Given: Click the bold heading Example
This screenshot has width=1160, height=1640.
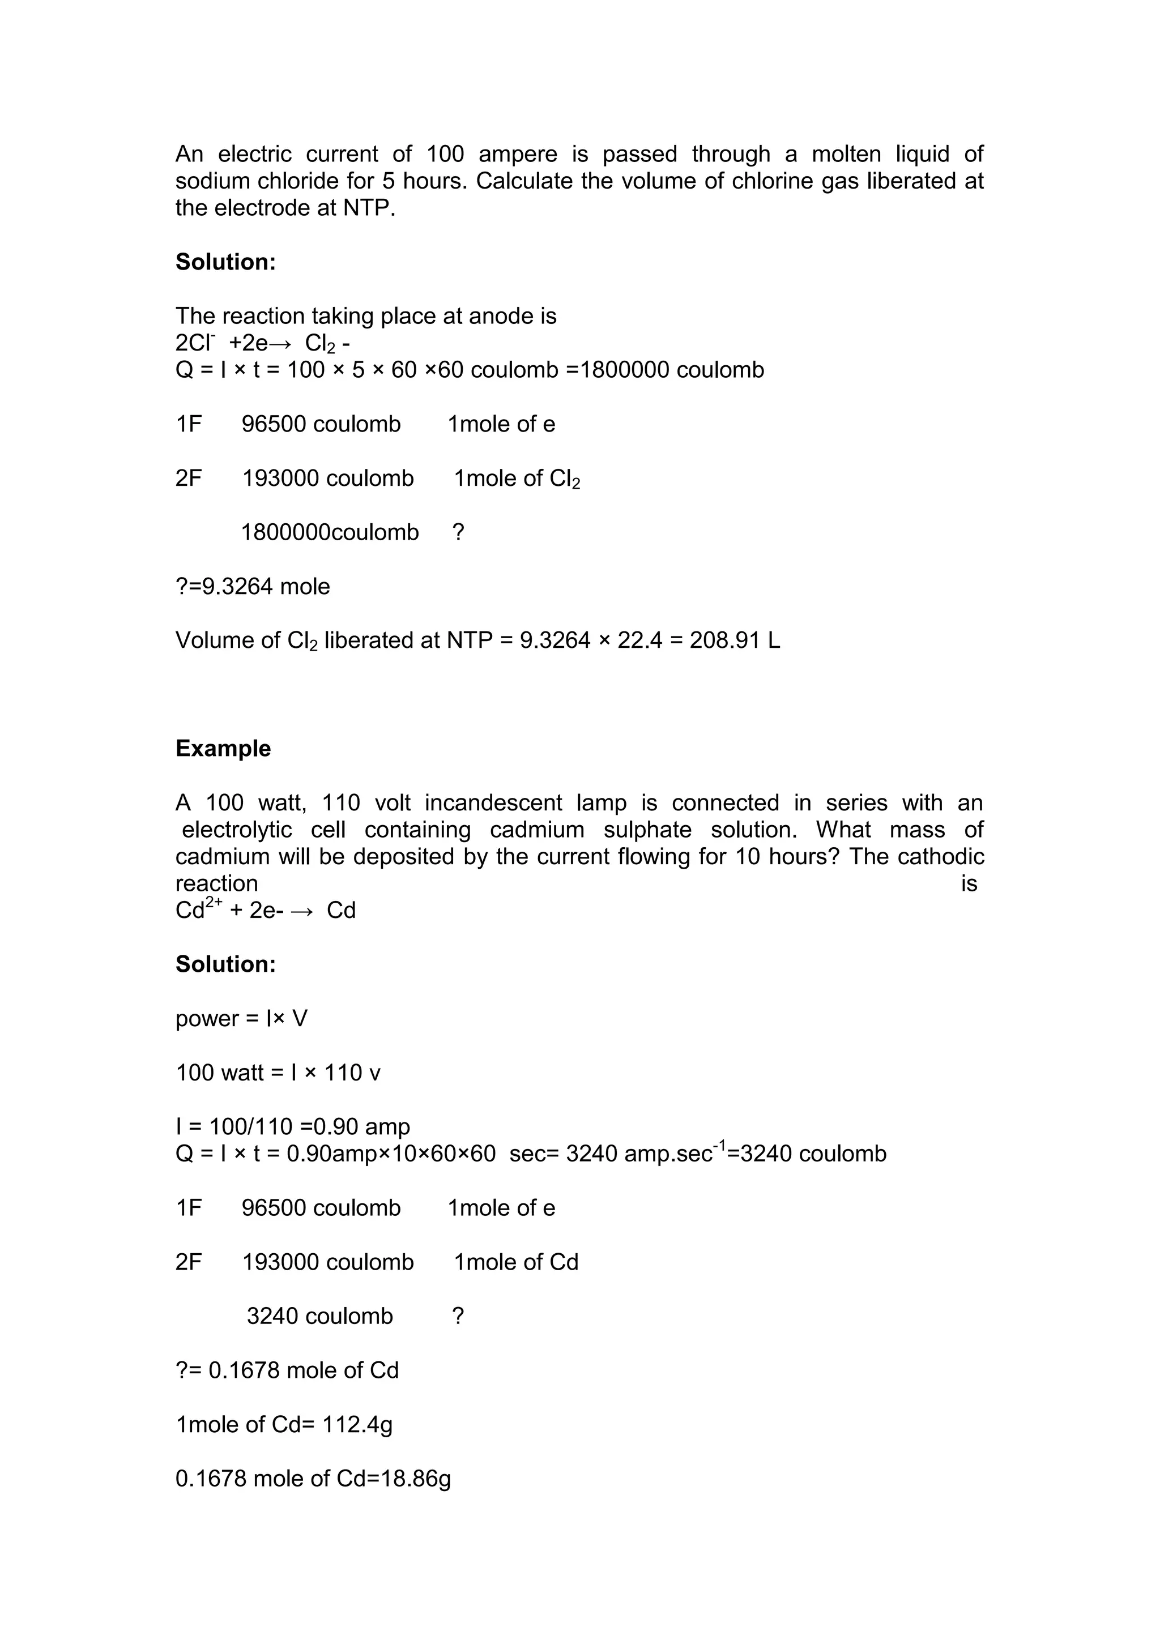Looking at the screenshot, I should pos(223,749).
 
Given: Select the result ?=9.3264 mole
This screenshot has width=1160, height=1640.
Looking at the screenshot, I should pos(253,587).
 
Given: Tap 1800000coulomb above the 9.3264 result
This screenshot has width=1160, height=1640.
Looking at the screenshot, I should pos(330,532).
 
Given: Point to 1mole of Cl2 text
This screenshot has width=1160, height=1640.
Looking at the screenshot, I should pos(517,479).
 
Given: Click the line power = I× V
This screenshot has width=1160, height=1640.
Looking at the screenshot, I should pos(241,1019).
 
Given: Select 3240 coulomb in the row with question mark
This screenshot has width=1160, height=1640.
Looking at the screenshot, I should pos(319,1316).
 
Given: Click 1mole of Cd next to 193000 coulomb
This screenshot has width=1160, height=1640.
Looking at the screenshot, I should pos(516,1262).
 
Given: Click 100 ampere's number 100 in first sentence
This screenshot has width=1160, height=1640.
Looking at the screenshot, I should pos(445,154).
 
